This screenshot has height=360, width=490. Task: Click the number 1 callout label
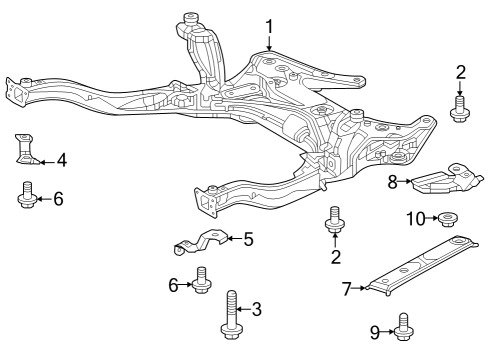click(268, 25)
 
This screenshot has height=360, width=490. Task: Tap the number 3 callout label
click(256, 310)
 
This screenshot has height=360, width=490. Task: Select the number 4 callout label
click(61, 159)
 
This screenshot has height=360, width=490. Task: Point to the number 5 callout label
click(247, 239)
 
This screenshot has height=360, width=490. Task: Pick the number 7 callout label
click(347, 289)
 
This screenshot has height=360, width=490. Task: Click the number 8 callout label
click(393, 181)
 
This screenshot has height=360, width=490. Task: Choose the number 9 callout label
click(375, 331)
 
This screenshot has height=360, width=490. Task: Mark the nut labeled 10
click(447, 219)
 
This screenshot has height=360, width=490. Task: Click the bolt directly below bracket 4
click(27, 195)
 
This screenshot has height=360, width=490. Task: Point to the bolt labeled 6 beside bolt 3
click(202, 281)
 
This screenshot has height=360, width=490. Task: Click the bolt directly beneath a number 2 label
click(460, 108)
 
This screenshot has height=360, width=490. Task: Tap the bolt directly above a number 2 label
click(335, 222)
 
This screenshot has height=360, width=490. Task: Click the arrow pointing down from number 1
click(268, 43)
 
